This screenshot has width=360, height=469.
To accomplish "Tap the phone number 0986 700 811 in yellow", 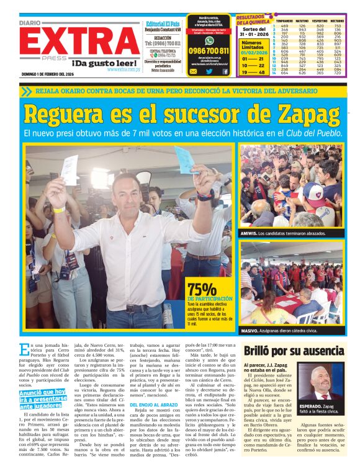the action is tap(209, 51).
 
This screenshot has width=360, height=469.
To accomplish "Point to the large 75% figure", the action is tap(202, 289).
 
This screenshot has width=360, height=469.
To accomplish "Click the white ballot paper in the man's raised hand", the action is tap(70, 169).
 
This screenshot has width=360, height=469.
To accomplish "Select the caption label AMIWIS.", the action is tap(250, 233).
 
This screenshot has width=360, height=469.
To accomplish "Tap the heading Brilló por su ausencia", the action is tap(294, 351).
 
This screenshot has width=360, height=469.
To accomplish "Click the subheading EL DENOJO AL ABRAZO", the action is tap(148, 406).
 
